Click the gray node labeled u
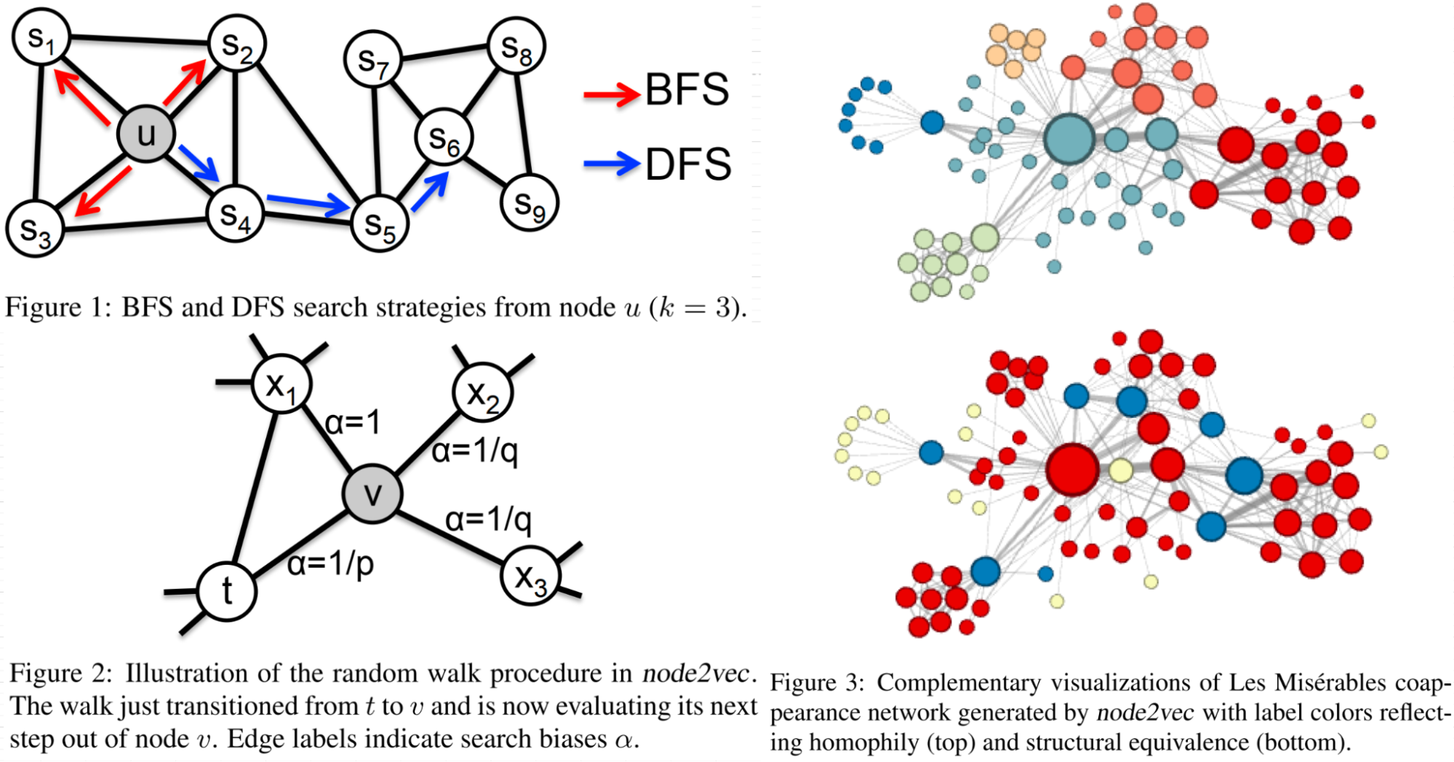(146, 134)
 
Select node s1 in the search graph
(41, 37)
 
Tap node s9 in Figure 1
(529, 203)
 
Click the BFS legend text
(687, 90)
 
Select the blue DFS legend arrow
(611, 164)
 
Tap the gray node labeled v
(372, 494)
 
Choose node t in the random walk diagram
(227, 591)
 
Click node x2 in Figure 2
(482, 393)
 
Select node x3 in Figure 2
(530, 576)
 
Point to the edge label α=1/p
(330, 563)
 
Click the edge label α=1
(353, 422)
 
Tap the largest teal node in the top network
(1069, 138)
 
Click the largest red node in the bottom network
(1072, 469)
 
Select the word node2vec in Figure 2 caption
(695, 674)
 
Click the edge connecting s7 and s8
(444, 52)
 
